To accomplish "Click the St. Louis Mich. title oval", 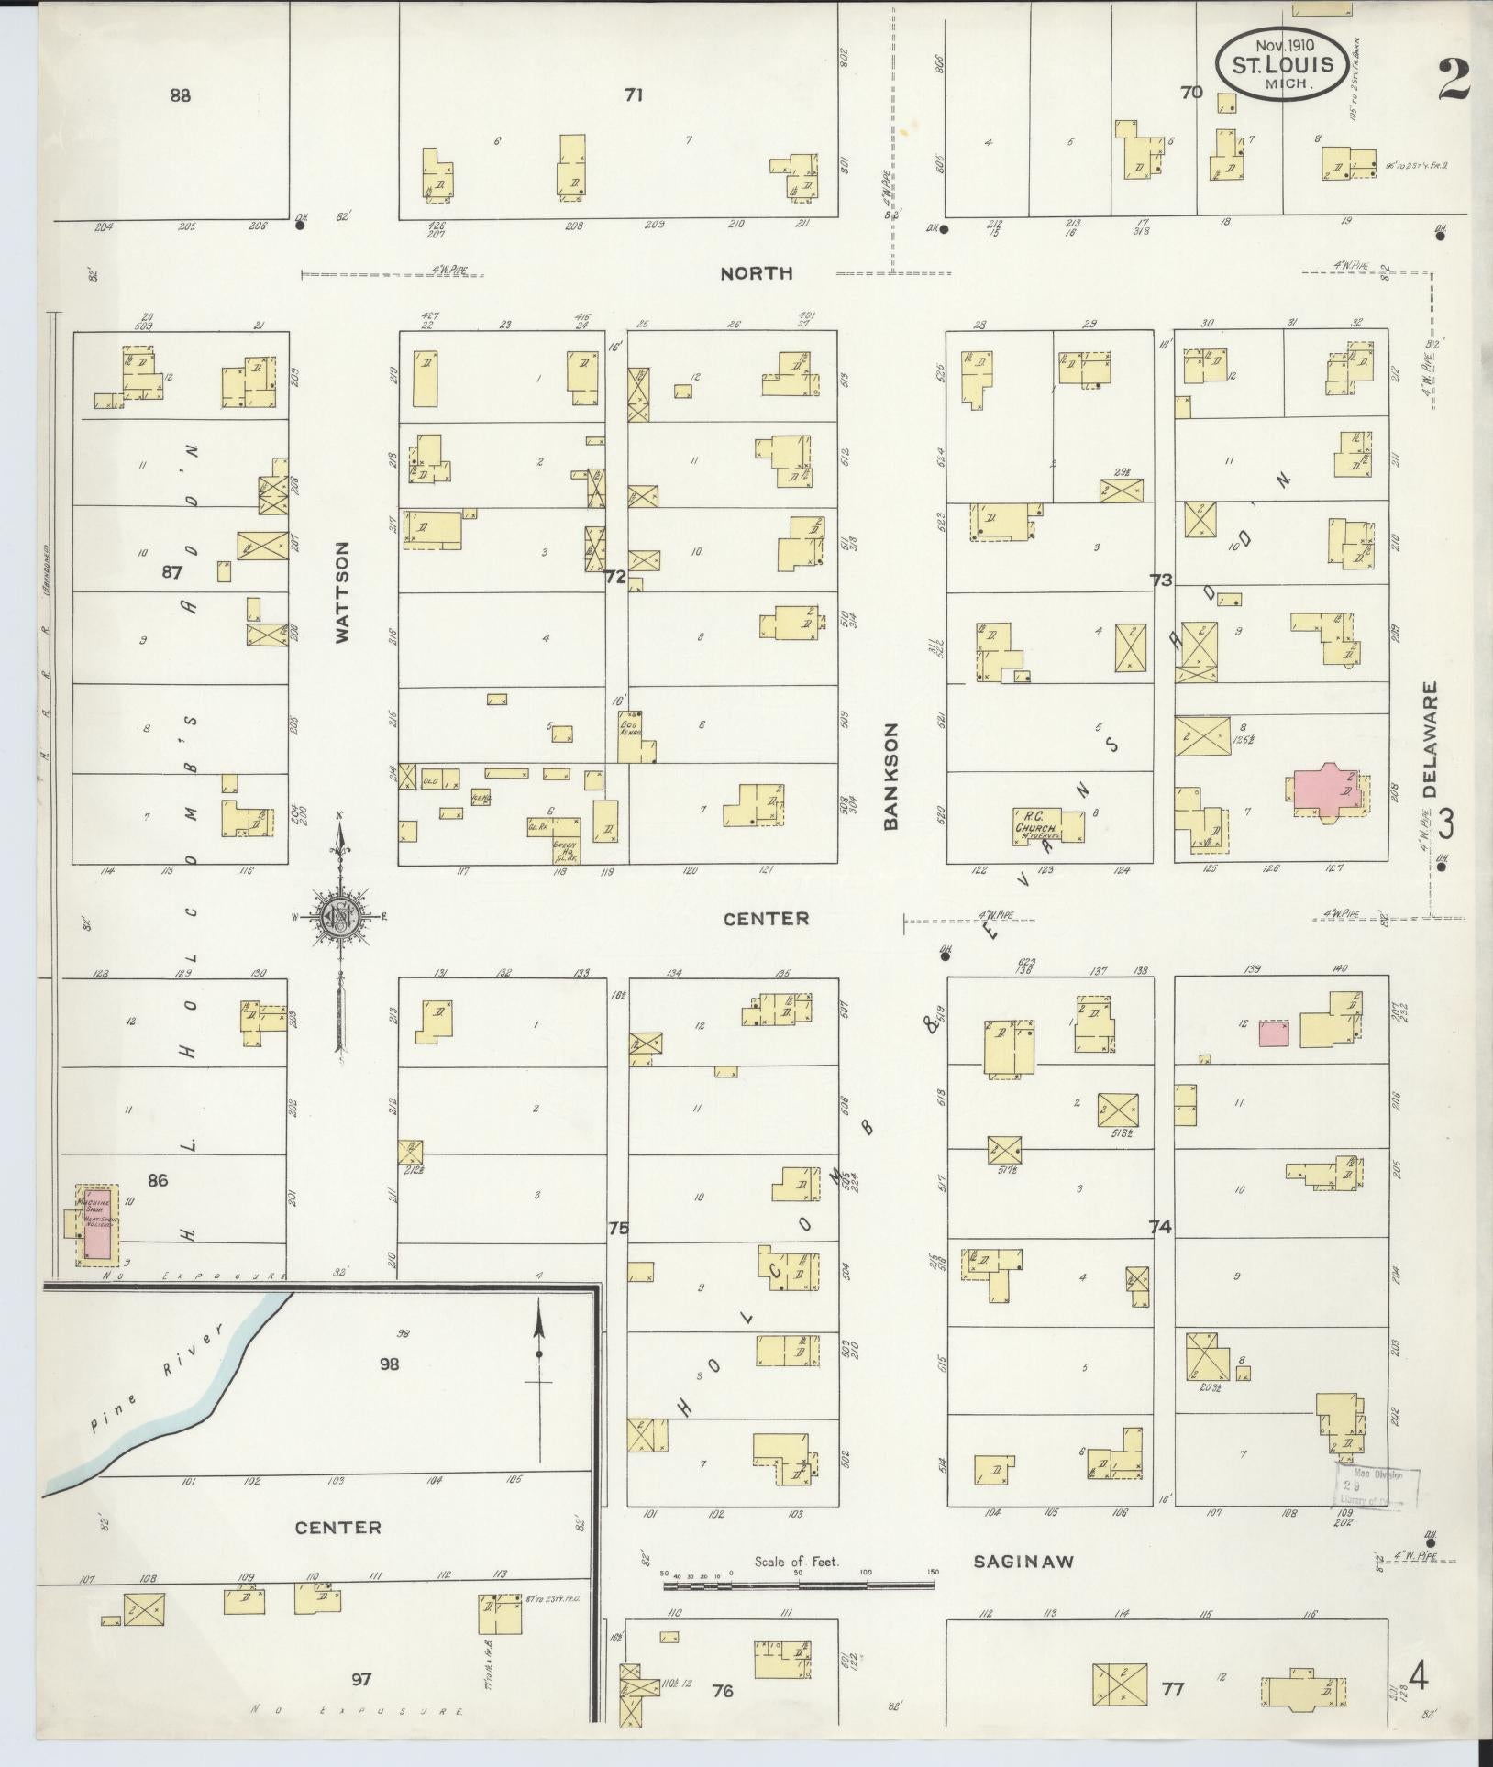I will (1282, 62).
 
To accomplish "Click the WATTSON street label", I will (343, 592).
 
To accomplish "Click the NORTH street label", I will (756, 272).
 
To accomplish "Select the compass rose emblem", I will (339, 915).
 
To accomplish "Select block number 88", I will (181, 94).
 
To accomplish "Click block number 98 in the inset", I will (390, 1364).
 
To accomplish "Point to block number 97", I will (362, 1680).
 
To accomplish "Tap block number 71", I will (633, 94).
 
